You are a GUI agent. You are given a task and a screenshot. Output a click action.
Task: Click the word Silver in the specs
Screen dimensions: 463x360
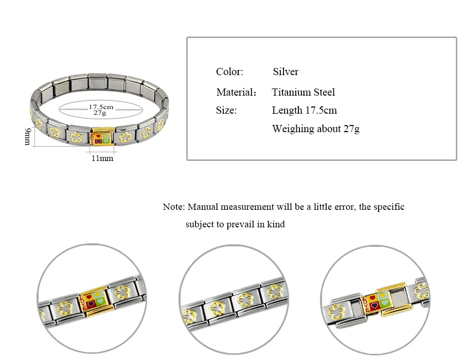coord(286,71)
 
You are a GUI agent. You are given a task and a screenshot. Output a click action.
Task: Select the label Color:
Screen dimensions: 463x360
coord(229,71)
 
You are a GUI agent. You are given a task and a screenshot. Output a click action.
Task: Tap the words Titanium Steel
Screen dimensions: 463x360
coord(303,93)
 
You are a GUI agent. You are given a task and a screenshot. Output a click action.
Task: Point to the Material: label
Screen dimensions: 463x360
coord(236,93)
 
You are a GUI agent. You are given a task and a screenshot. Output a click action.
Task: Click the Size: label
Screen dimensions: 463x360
coord(226,111)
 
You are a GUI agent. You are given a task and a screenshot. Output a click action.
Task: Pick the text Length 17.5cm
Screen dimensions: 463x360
coord(304,111)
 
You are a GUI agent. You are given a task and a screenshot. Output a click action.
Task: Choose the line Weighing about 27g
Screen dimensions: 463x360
coord(316,129)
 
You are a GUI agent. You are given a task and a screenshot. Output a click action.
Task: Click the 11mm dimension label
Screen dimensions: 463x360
coord(102,158)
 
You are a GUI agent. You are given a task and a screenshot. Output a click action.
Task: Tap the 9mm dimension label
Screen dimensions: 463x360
coord(27,137)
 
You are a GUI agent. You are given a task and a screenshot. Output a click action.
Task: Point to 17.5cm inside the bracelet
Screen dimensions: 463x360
coord(101,107)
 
